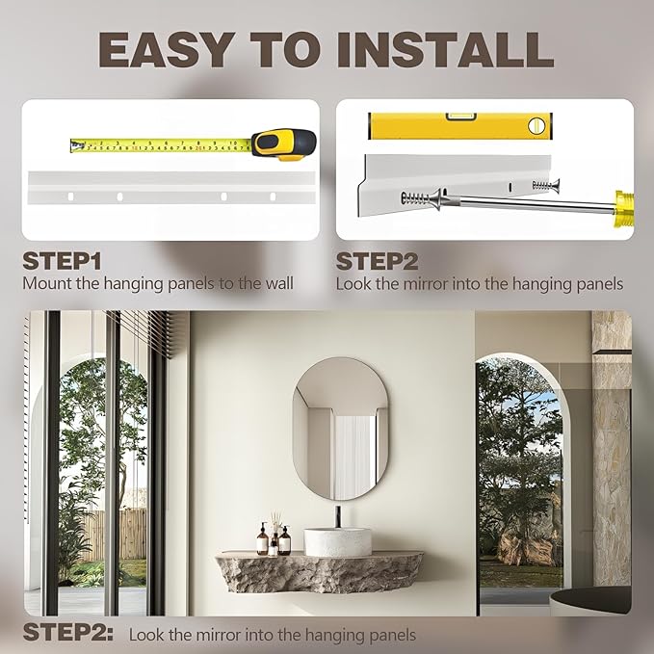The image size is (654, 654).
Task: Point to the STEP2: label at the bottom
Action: pos(68,633)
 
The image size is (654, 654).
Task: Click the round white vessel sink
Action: pos(337,541)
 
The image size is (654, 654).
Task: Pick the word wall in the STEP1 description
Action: pos(278,283)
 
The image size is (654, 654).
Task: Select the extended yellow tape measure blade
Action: pos(159,145)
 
